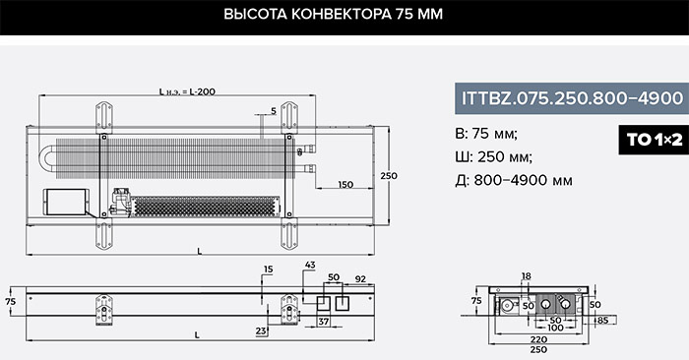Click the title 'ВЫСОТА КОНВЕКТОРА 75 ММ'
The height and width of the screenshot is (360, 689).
[333, 14]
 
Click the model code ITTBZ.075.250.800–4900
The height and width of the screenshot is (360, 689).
[572, 98]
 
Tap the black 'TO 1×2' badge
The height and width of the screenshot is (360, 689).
[654, 140]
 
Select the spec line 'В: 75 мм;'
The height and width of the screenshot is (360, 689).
[486, 134]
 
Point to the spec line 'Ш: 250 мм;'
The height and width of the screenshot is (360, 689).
[494, 156]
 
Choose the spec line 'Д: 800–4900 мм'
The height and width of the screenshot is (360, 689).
[514, 180]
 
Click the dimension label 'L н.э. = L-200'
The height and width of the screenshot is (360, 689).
[187, 91]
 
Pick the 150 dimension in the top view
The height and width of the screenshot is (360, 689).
[345, 184]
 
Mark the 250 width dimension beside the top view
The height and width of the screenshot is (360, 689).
[389, 176]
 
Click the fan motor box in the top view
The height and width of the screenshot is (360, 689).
[66, 202]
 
